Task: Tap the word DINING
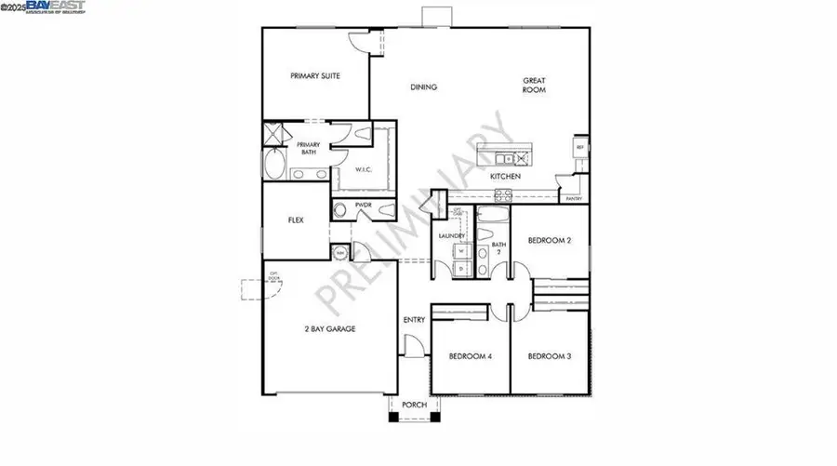pyautogui.click(x=424, y=87)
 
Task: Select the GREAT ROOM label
pyautogui.click(x=533, y=86)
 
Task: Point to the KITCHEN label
pyautogui.click(x=506, y=176)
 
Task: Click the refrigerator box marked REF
pyautogui.click(x=580, y=148)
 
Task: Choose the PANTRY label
pyautogui.click(x=574, y=198)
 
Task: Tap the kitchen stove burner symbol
pyautogui.click(x=503, y=194)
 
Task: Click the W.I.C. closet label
pyautogui.click(x=364, y=169)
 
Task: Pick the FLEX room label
pyautogui.click(x=296, y=221)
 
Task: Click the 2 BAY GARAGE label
pyautogui.click(x=330, y=328)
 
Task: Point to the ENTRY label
pyautogui.click(x=414, y=320)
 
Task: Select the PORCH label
pyautogui.click(x=413, y=406)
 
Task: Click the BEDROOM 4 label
pyautogui.click(x=470, y=356)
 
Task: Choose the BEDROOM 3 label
pyautogui.click(x=548, y=356)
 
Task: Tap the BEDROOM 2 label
pyautogui.click(x=549, y=240)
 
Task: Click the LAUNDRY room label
pyautogui.click(x=452, y=236)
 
